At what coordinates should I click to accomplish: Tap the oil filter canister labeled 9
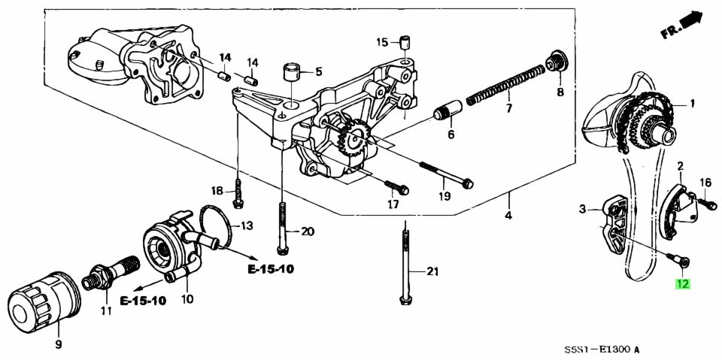pos(36,305)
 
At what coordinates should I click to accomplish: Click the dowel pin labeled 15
pos(405,41)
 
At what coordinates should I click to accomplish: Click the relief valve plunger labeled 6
pos(446,114)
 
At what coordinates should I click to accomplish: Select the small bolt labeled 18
pos(238,193)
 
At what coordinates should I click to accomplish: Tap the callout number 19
pos(444,197)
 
